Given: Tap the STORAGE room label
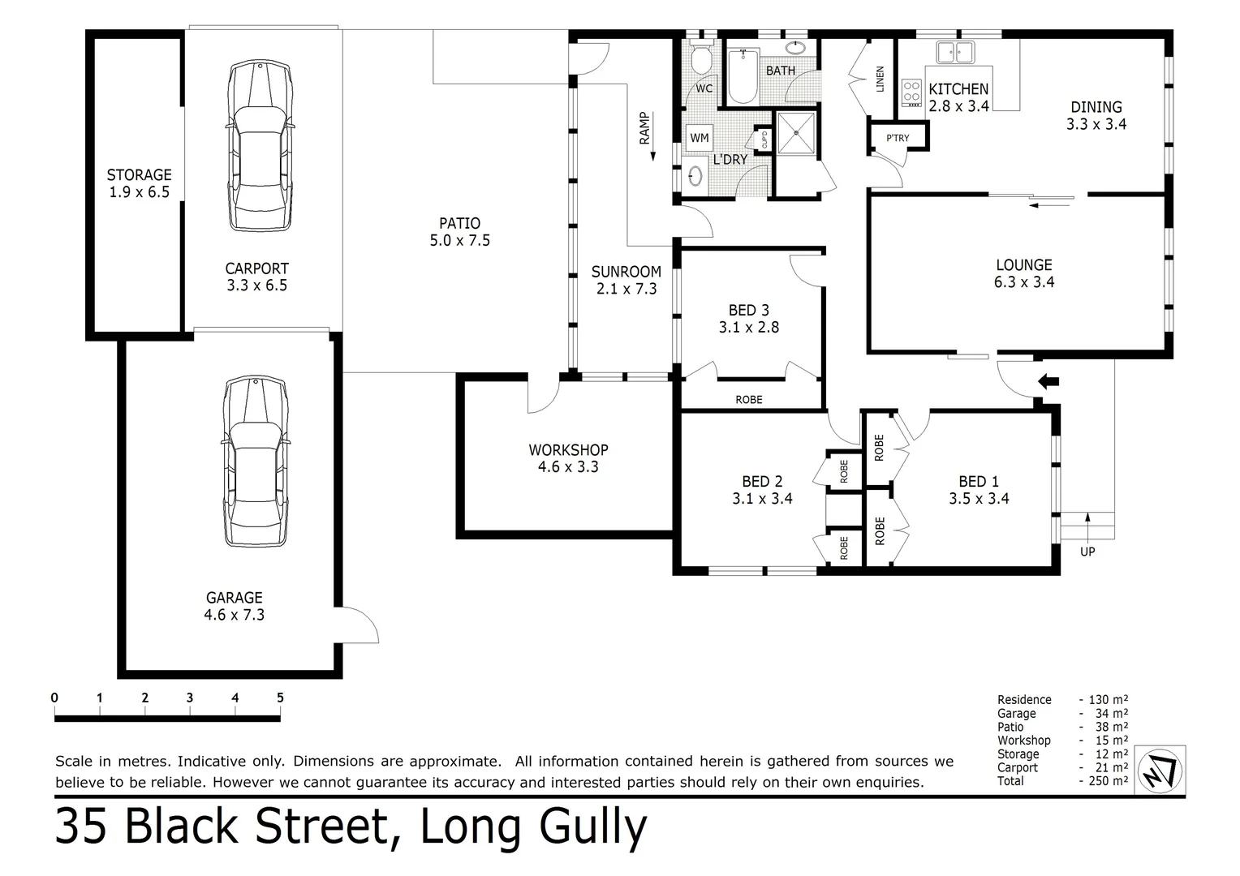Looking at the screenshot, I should (x=139, y=174).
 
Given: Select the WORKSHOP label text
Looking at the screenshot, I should (x=568, y=450).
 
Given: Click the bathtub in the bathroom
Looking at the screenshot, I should (x=743, y=77).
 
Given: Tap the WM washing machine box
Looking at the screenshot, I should (x=700, y=138).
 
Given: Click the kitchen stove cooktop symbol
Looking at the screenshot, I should (x=911, y=93).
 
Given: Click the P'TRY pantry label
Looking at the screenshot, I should (x=898, y=138).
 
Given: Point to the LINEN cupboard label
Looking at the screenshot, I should (x=880, y=79).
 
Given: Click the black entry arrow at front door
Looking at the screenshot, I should (x=1048, y=380).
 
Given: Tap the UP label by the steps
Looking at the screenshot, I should (x=1087, y=552).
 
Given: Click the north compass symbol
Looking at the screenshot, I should (x=1160, y=769).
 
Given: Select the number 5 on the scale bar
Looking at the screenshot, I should (x=280, y=698).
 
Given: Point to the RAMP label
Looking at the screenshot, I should (x=644, y=128).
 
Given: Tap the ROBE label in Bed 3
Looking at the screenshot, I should (x=748, y=400).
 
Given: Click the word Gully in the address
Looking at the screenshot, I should (x=590, y=827).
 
